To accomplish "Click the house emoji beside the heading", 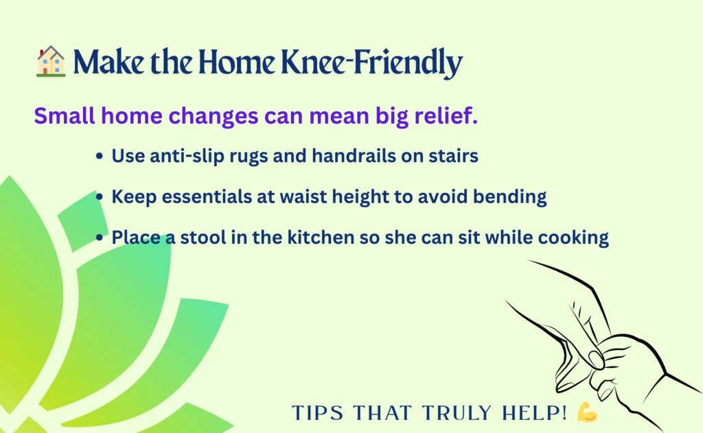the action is [x=51, y=61].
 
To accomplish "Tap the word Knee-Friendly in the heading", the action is [x=372, y=62].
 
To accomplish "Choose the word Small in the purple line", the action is [x=65, y=115].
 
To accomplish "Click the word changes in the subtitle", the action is [x=214, y=117].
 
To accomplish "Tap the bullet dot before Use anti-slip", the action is [x=100, y=156].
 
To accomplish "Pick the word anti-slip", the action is [x=187, y=156].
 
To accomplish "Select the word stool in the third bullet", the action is [x=203, y=237].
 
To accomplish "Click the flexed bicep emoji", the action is [x=588, y=412].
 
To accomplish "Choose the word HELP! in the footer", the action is [x=534, y=413].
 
